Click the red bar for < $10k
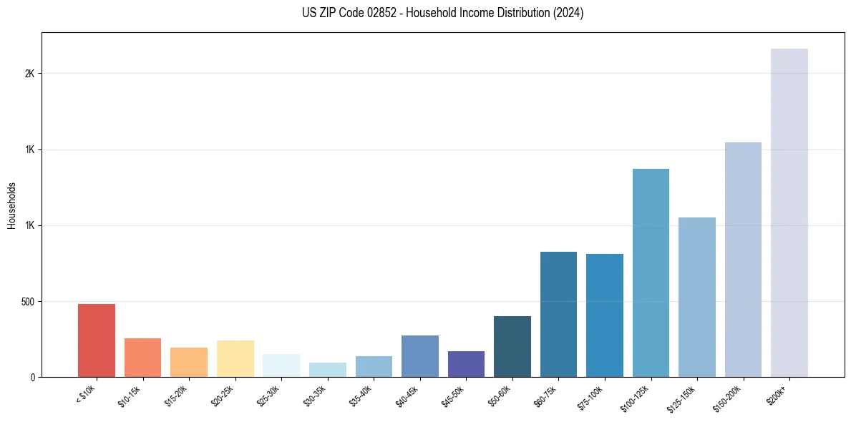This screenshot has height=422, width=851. pos(97,340)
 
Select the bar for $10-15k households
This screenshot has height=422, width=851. pos(142,358)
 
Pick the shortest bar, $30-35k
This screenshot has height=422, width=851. pos(328,370)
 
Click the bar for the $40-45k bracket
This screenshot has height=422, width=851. pos(420,356)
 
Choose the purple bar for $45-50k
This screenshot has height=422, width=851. pos(466,364)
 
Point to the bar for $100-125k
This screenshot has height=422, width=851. pos(651,273)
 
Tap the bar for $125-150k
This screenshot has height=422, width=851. pos(697,297)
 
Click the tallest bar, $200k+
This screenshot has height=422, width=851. pos(789,212)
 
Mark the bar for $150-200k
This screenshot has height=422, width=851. pos(743,260)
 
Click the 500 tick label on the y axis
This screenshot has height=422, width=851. pos(28,301)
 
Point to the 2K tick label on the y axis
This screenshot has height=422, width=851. pos(29,74)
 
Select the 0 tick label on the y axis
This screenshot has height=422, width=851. pos(33,377)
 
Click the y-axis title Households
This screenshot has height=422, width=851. pos(11,205)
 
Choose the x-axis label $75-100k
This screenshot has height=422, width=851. pos(593,396)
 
